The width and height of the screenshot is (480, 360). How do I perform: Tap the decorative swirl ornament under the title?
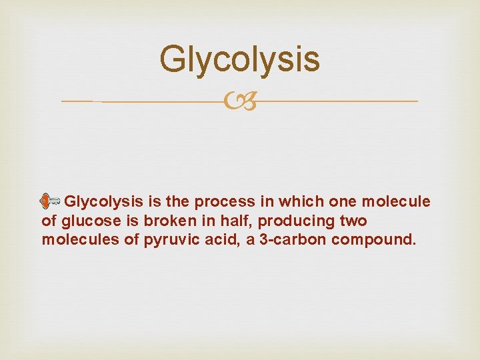pyautogui.click(x=240, y=101)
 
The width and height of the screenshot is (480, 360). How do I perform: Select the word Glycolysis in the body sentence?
pyautogui.click(x=105, y=201)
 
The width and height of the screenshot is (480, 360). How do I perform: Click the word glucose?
pyautogui.click(x=87, y=221)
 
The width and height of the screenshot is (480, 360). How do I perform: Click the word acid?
pyautogui.click(x=224, y=240)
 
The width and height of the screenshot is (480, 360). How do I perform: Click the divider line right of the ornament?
pyautogui.click(x=333, y=101)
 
